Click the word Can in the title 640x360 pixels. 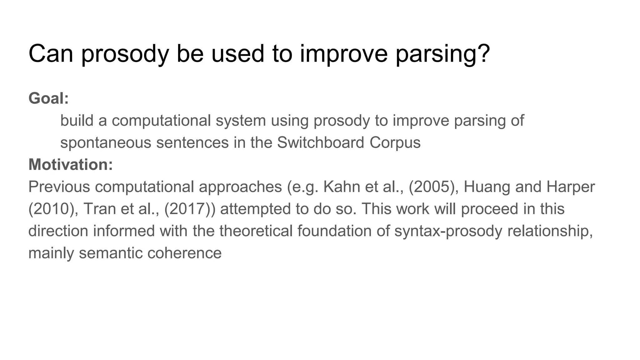(x=51, y=53)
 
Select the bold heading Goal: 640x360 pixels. (x=49, y=98)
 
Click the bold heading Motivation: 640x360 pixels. (x=71, y=165)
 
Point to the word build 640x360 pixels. (x=77, y=121)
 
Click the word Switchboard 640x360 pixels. (x=321, y=143)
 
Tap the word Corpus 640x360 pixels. (x=395, y=143)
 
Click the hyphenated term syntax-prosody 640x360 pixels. (x=448, y=231)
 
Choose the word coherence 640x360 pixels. (x=184, y=253)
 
